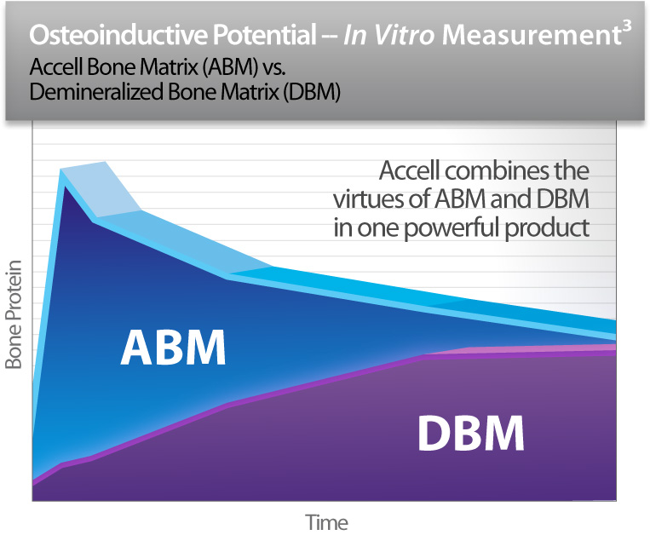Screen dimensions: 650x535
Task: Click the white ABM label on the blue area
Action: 173,348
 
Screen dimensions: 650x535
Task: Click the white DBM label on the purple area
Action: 470,433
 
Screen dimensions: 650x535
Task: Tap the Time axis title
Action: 326,522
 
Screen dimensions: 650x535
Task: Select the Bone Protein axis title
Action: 14,314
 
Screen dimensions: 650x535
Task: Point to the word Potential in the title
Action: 265,34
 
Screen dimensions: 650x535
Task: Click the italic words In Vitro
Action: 388,34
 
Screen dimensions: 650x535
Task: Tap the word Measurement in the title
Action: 531,35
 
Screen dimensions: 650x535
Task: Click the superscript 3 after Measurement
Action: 626,27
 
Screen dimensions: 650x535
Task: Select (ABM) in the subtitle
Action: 231,66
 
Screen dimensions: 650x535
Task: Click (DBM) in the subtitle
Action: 312,92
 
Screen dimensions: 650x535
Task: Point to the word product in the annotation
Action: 547,228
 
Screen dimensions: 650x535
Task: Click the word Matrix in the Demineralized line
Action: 250,92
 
